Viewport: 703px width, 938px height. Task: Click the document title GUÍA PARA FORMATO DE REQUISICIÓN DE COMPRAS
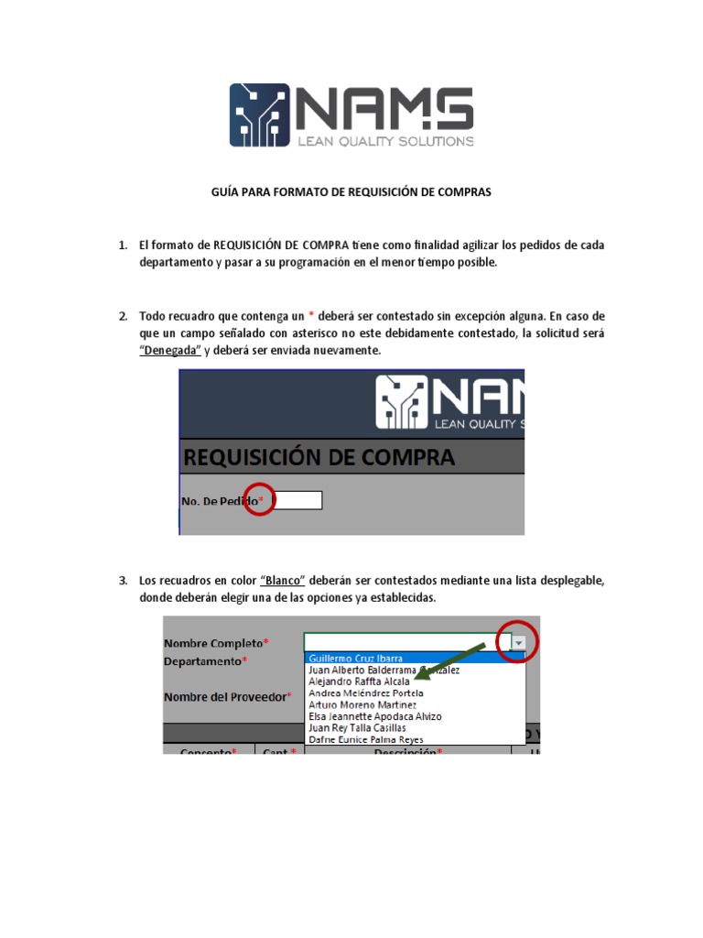pyautogui.click(x=351, y=192)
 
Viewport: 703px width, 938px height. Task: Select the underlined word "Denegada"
pyautogui.click(x=171, y=351)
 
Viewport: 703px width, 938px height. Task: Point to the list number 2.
pyautogui.click(x=122, y=316)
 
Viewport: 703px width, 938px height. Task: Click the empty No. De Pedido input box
pyautogui.click(x=297, y=500)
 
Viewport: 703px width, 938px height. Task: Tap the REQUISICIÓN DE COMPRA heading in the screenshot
pyautogui.click(x=319, y=457)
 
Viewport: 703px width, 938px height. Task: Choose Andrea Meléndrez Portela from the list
pyautogui.click(x=366, y=693)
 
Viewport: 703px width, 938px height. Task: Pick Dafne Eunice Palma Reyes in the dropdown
pyautogui.click(x=366, y=739)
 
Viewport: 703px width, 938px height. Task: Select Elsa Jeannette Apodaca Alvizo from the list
pyautogui.click(x=375, y=716)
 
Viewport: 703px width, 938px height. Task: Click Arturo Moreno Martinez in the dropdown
pyautogui.click(x=362, y=704)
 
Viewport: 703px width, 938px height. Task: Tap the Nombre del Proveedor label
pyautogui.click(x=226, y=697)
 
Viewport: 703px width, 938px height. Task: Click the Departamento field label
pyautogui.click(x=204, y=660)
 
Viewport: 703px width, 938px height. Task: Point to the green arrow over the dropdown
pyautogui.click(x=453, y=661)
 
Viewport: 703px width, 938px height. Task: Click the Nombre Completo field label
pyautogui.click(x=214, y=642)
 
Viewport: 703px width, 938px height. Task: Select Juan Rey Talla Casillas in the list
pyautogui.click(x=357, y=727)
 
